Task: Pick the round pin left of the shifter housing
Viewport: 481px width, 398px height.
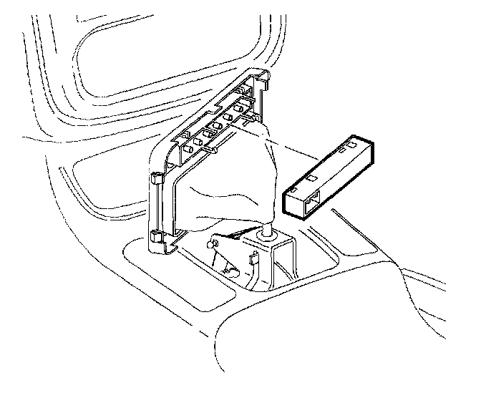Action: (213, 245)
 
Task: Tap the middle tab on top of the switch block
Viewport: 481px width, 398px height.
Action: (336, 162)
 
